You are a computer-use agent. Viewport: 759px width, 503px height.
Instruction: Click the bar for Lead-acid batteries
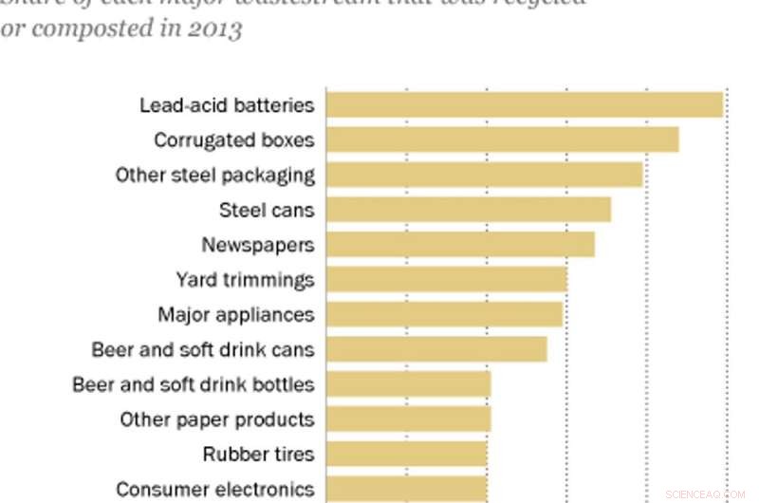coord(524,104)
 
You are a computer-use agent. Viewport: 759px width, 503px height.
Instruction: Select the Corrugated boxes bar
coord(502,140)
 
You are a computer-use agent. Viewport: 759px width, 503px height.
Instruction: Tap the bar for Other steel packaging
coord(484,175)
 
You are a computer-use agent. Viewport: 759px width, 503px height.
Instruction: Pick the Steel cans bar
coord(468,210)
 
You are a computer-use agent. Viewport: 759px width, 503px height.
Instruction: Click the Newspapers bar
coord(460,245)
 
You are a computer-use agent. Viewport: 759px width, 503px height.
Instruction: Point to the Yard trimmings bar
coord(446,280)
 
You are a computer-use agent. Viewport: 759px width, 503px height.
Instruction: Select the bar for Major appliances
coord(444,314)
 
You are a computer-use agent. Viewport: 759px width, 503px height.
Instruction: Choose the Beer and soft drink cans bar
coord(436,349)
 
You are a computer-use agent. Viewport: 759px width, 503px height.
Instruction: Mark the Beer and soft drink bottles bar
coord(408,384)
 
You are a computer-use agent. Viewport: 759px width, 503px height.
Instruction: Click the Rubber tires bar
coord(406,455)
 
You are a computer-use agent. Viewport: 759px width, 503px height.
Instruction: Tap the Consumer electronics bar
coord(406,489)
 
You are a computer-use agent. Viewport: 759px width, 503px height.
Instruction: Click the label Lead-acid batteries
coord(226,104)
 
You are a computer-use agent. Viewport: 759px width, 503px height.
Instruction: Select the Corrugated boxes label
coord(233,140)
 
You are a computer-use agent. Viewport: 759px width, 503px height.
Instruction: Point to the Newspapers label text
coord(257,245)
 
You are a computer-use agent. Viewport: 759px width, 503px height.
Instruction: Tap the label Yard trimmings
coord(245,280)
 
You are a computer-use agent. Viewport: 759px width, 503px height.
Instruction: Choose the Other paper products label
coord(216,419)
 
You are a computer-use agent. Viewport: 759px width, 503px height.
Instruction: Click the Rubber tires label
coord(258,455)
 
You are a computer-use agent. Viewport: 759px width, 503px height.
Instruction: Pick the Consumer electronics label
coord(214,490)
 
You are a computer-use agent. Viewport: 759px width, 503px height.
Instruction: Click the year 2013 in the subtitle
coord(216,29)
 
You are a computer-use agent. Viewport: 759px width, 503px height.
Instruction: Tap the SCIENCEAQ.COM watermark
coord(705,494)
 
